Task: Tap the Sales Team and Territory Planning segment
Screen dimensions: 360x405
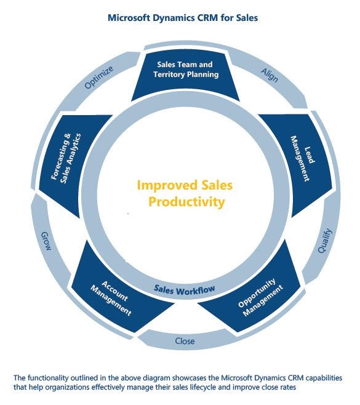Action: (x=185, y=75)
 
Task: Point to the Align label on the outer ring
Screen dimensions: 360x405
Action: (x=270, y=75)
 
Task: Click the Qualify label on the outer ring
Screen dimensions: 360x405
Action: (x=325, y=241)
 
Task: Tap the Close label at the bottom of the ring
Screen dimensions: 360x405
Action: (x=185, y=341)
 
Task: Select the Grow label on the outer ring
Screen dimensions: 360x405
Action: (x=46, y=241)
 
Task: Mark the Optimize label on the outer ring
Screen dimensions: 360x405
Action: (x=99, y=77)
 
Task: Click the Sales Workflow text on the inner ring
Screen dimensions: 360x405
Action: (x=184, y=290)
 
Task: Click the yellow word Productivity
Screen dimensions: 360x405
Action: (x=186, y=202)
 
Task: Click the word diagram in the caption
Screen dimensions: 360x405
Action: (x=156, y=378)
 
